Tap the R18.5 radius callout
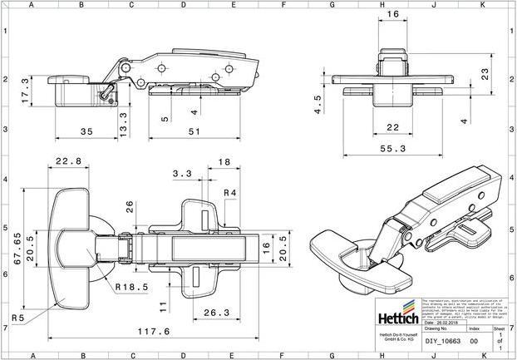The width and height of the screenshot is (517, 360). point(132,287)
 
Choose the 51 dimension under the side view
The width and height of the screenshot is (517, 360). point(195,131)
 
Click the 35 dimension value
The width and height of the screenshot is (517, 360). point(86,131)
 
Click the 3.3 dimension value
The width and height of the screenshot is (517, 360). point(183,174)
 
